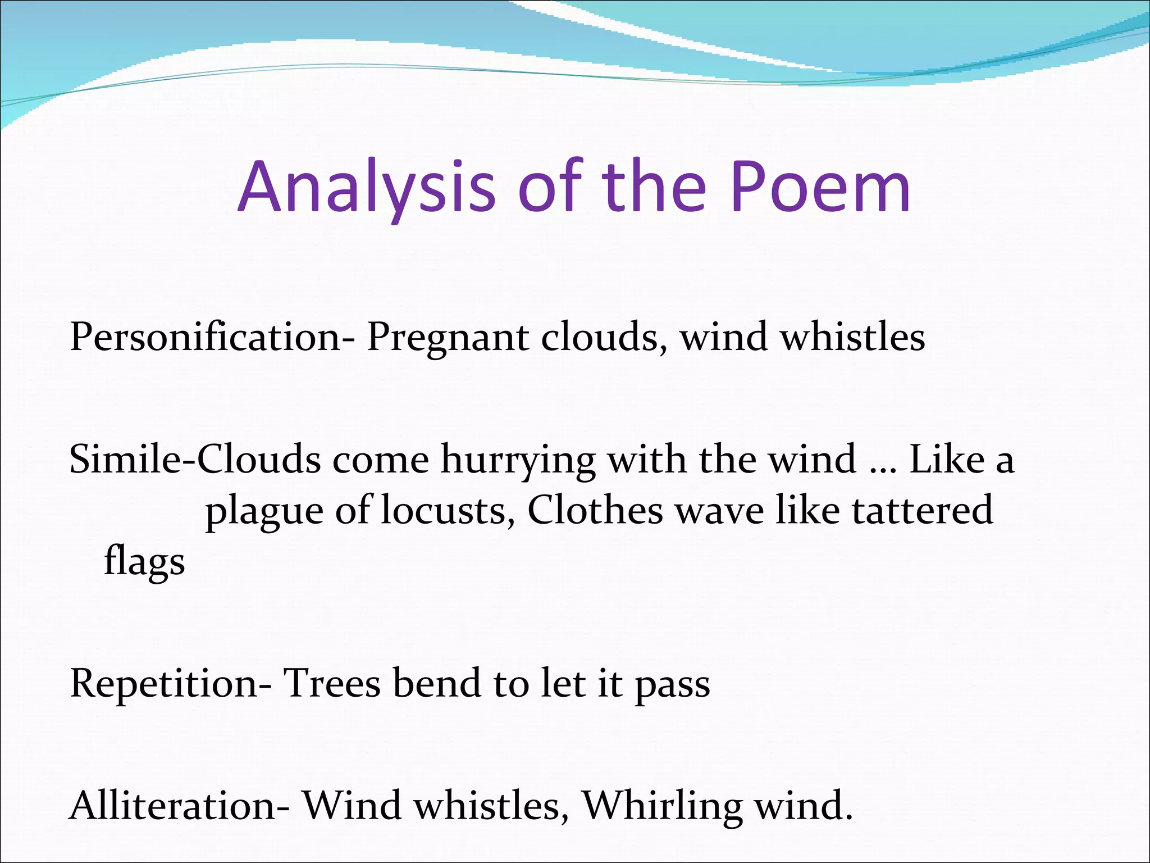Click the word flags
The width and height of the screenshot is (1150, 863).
144,561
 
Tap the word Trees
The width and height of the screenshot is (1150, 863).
332,684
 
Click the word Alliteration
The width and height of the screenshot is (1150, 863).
179,806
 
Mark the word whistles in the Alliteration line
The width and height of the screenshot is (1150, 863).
487,806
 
